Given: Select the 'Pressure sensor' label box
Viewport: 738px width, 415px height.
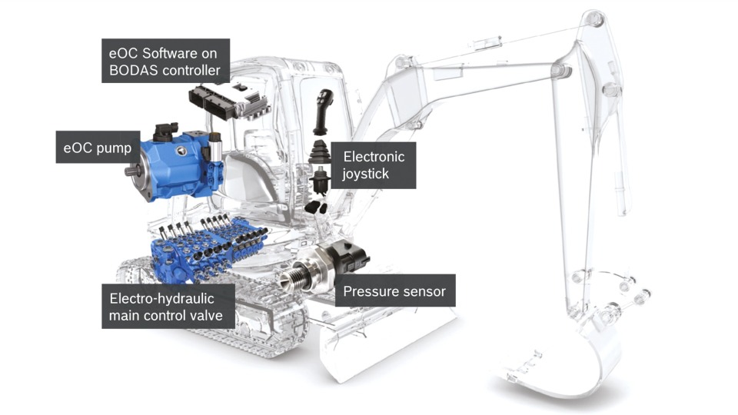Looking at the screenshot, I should (394, 291).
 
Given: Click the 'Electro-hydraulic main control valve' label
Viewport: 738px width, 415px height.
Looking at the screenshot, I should (168, 307).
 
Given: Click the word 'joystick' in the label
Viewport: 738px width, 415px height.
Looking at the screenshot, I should (366, 174).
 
